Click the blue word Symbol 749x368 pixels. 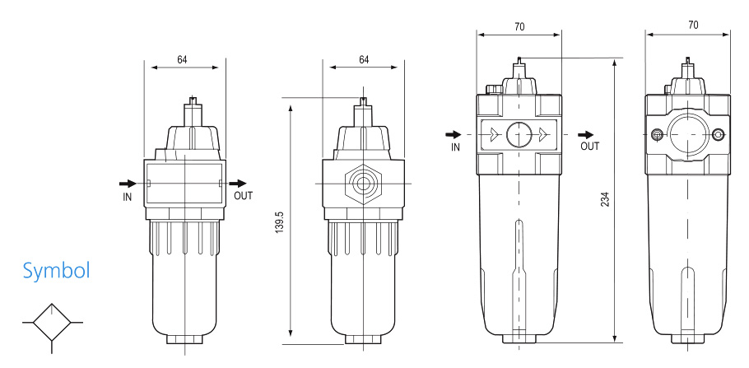[x=56, y=270]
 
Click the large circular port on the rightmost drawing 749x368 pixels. [x=688, y=134]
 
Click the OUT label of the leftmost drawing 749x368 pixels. [x=244, y=197]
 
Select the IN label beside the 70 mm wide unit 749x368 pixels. [x=455, y=147]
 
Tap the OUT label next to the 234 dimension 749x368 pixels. [x=589, y=147]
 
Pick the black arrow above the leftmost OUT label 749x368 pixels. [x=238, y=183]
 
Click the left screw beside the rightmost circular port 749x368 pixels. [x=656, y=135]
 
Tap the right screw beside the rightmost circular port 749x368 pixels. [x=720, y=135]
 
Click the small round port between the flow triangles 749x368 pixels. [x=519, y=134]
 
